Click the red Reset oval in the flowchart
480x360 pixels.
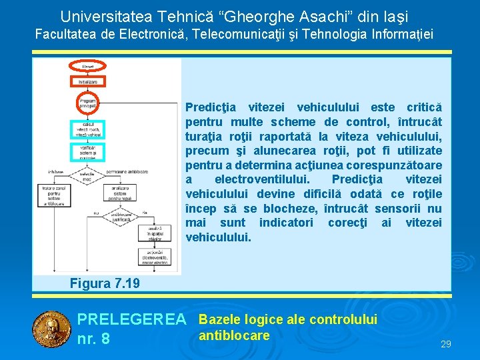88,66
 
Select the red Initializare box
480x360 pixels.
88,82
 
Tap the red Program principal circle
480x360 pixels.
88,104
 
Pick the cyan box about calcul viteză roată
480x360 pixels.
88,130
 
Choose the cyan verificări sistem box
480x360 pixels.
88,152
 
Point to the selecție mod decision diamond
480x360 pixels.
88,174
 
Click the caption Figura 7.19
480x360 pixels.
105,283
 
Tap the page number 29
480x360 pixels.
446,344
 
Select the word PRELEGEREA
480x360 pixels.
132,321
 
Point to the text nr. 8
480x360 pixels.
94,339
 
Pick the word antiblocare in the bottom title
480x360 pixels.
234,335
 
